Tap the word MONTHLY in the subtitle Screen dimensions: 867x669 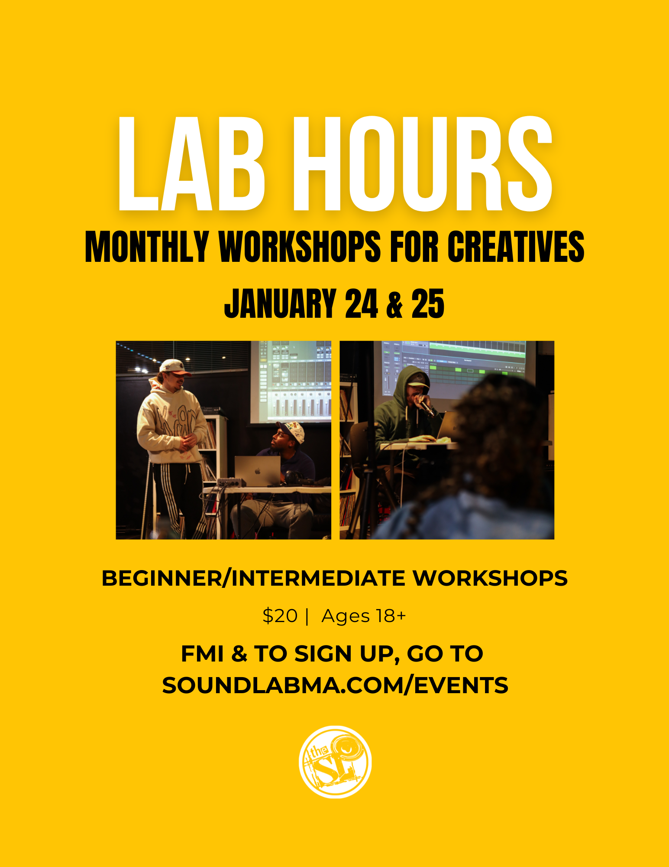(x=147, y=247)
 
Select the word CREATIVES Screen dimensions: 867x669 (x=516, y=247)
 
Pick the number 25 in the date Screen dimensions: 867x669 (x=427, y=303)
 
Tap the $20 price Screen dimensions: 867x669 (x=280, y=616)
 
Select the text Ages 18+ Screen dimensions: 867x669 (x=364, y=616)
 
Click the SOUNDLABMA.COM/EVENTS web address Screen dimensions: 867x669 (x=335, y=685)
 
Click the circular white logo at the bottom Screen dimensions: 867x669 (x=335, y=762)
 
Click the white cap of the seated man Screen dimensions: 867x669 (x=291, y=431)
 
